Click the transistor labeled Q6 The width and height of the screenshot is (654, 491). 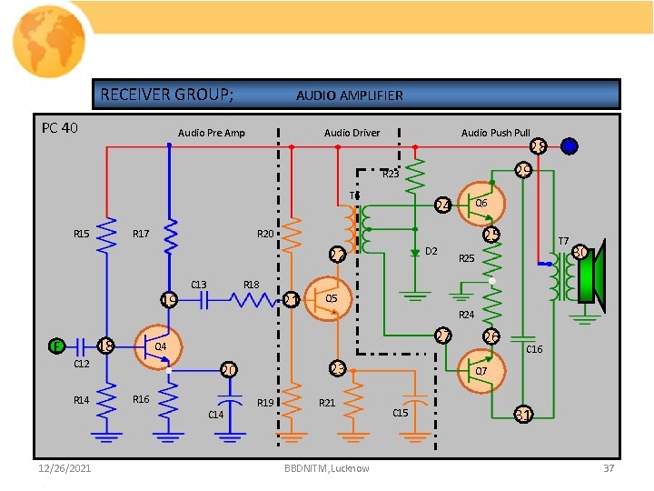point(480,204)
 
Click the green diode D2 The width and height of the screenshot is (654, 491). point(414,251)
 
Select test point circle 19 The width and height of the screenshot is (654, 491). point(168,300)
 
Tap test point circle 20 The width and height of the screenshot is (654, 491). point(229,370)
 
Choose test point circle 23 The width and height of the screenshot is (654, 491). point(337,368)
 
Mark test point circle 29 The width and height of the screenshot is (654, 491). point(522,170)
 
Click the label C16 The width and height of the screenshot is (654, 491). point(534,349)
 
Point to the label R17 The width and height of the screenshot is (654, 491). point(142,235)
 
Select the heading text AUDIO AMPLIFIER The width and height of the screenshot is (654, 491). point(350,95)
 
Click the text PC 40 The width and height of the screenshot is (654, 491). point(60,127)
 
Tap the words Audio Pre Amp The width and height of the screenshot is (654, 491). point(211,133)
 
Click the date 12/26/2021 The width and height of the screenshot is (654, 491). point(64,468)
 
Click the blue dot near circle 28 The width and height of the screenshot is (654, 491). point(569,146)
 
